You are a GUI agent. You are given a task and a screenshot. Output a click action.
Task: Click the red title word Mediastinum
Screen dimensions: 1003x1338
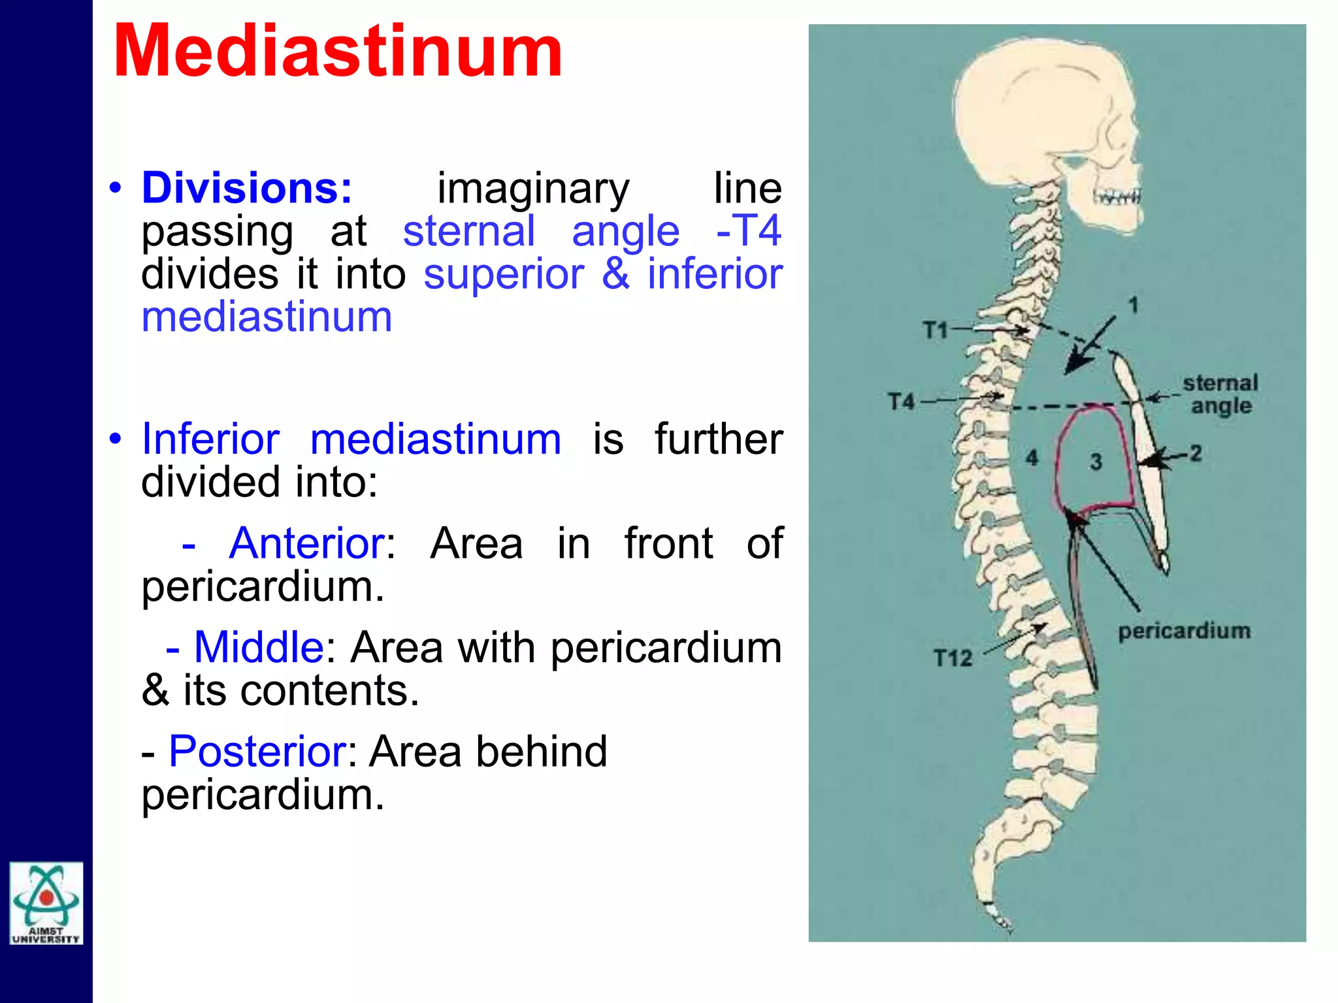pyautogui.click(x=338, y=52)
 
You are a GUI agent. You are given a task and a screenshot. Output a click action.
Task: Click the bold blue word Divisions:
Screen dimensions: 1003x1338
pyautogui.click(x=247, y=188)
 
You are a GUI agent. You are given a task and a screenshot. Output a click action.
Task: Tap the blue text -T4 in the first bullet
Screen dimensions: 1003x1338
pyautogui.click(x=749, y=231)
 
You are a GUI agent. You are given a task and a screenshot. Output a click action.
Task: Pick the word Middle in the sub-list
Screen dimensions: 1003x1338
pyautogui.click(x=259, y=647)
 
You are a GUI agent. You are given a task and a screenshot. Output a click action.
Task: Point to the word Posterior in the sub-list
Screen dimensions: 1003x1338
pyautogui.click(x=257, y=752)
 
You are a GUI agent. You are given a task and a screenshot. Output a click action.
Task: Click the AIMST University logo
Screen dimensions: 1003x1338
pyautogui.click(x=46, y=902)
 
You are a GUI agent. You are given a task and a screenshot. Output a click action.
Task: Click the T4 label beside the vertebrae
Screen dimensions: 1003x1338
pyautogui.click(x=902, y=401)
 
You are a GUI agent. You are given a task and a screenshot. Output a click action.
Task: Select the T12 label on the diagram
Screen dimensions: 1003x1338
pyautogui.click(x=953, y=658)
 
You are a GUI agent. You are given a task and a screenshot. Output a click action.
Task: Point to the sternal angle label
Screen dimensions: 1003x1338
pyautogui.click(x=1220, y=394)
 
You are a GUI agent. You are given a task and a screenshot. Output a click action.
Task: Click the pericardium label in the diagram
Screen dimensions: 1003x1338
pyautogui.click(x=1184, y=631)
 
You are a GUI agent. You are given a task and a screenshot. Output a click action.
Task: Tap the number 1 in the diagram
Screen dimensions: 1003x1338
pyautogui.click(x=1134, y=305)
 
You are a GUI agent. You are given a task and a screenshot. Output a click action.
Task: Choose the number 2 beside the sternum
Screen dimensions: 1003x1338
pyautogui.click(x=1196, y=453)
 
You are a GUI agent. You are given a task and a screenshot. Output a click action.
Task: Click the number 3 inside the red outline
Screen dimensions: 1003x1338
pyautogui.click(x=1096, y=462)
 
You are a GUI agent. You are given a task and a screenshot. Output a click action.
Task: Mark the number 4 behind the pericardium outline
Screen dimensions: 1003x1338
pyautogui.click(x=1032, y=457)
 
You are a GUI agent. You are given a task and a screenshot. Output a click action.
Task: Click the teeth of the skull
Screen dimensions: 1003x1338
pyautogui.click(x=1117, y=196)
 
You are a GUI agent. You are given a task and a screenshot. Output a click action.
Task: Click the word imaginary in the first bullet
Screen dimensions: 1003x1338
pyautogui.click(x=533, y=189)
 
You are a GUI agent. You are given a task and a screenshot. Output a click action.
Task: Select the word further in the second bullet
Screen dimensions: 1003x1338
pyautogui.click(x=719, y=439)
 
